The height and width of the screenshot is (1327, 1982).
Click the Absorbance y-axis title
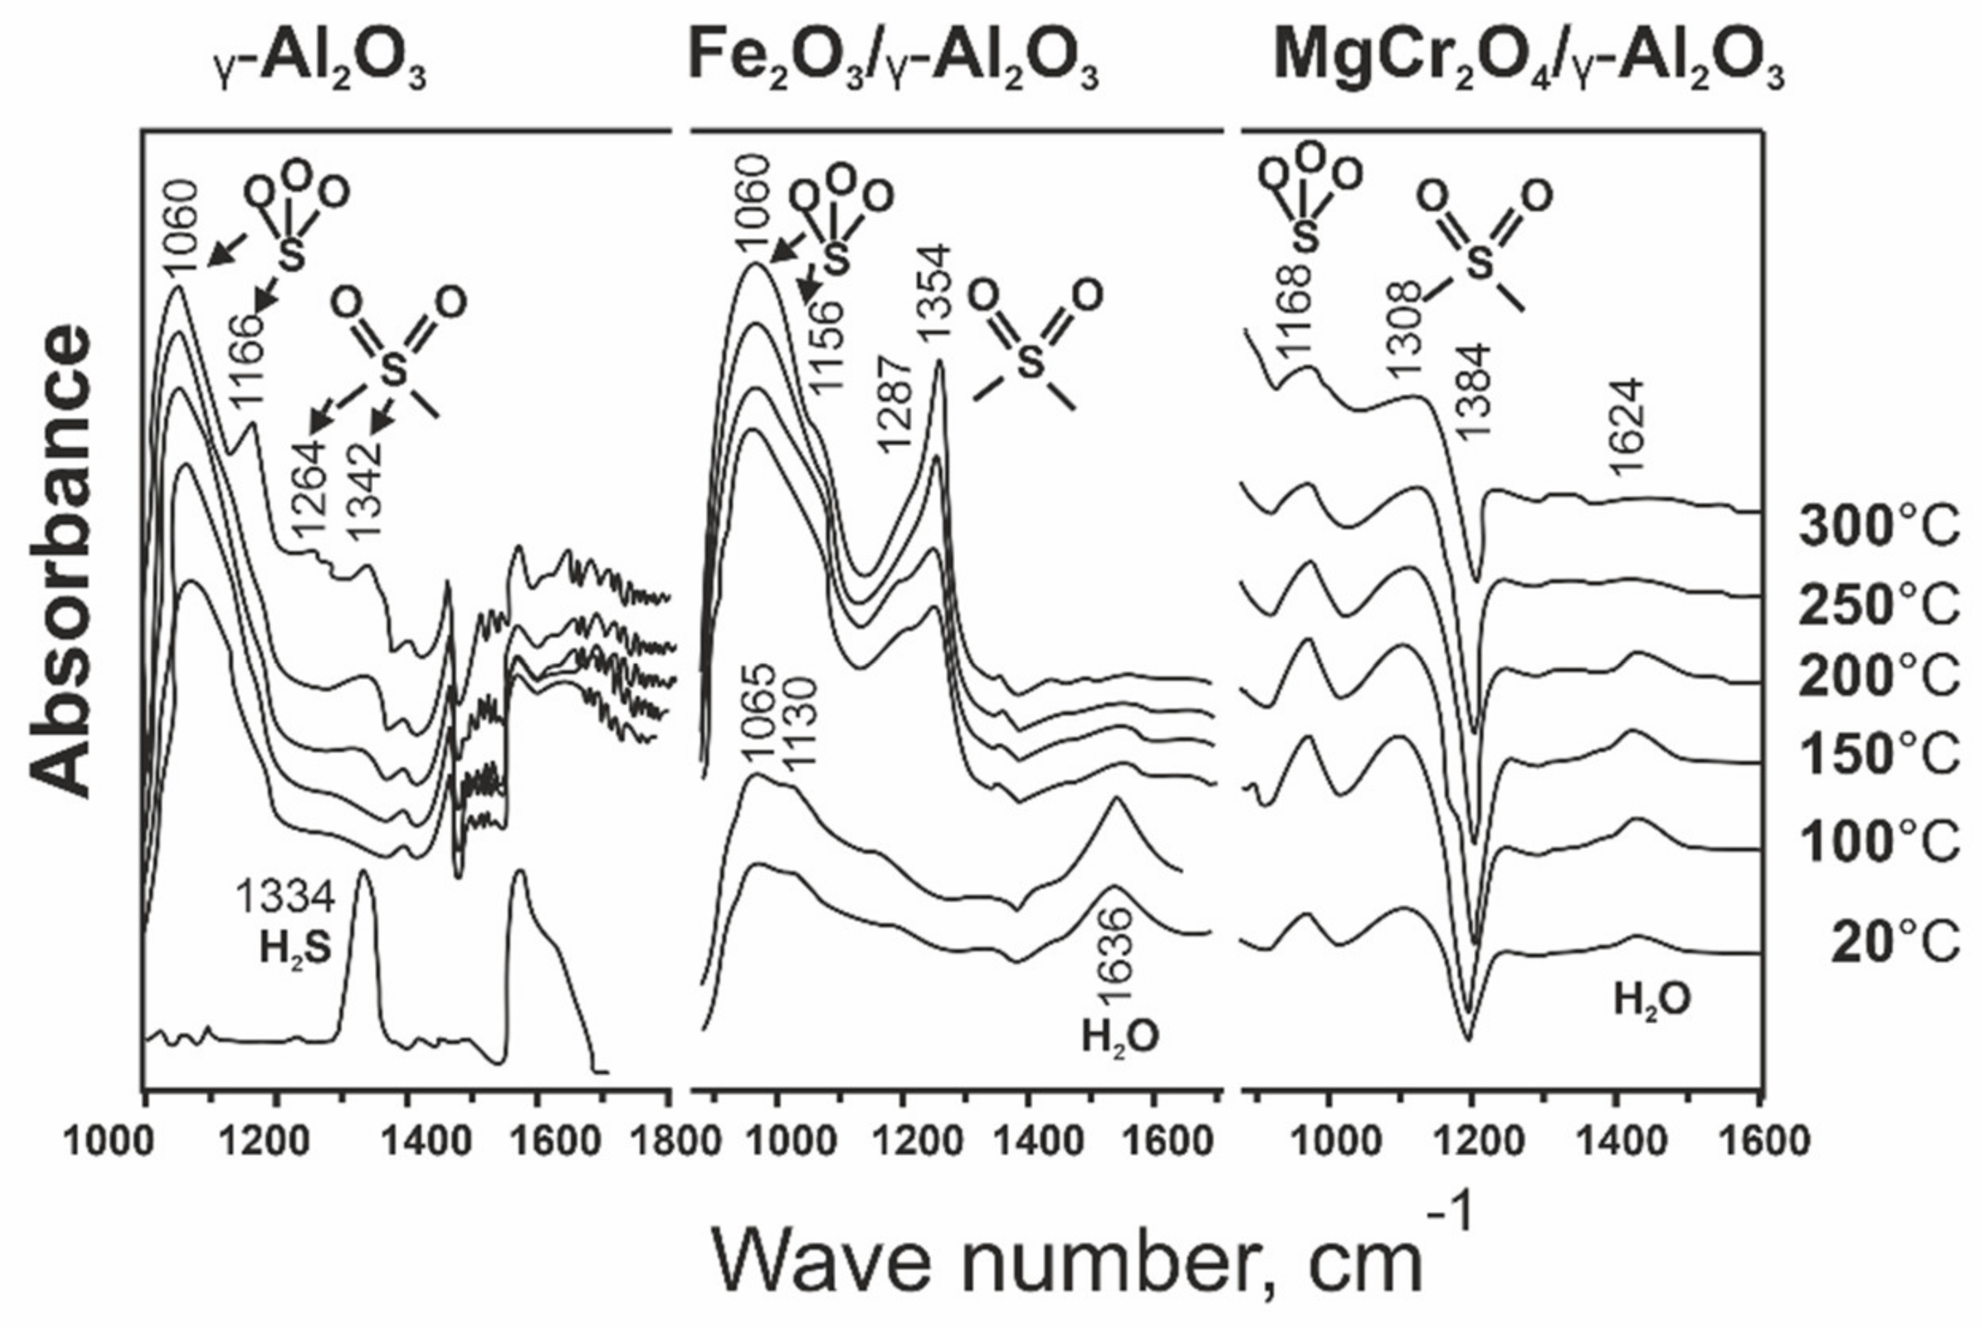(61, 562)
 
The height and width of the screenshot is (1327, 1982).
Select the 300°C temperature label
(1878, 527)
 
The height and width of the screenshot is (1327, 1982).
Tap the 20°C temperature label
(1895, 943)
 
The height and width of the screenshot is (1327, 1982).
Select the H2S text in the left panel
(294, 950)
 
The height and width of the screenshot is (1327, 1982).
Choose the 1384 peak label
(1475, 389)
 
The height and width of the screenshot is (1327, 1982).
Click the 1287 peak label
(897, 404)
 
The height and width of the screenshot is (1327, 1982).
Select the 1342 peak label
(365, 491)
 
